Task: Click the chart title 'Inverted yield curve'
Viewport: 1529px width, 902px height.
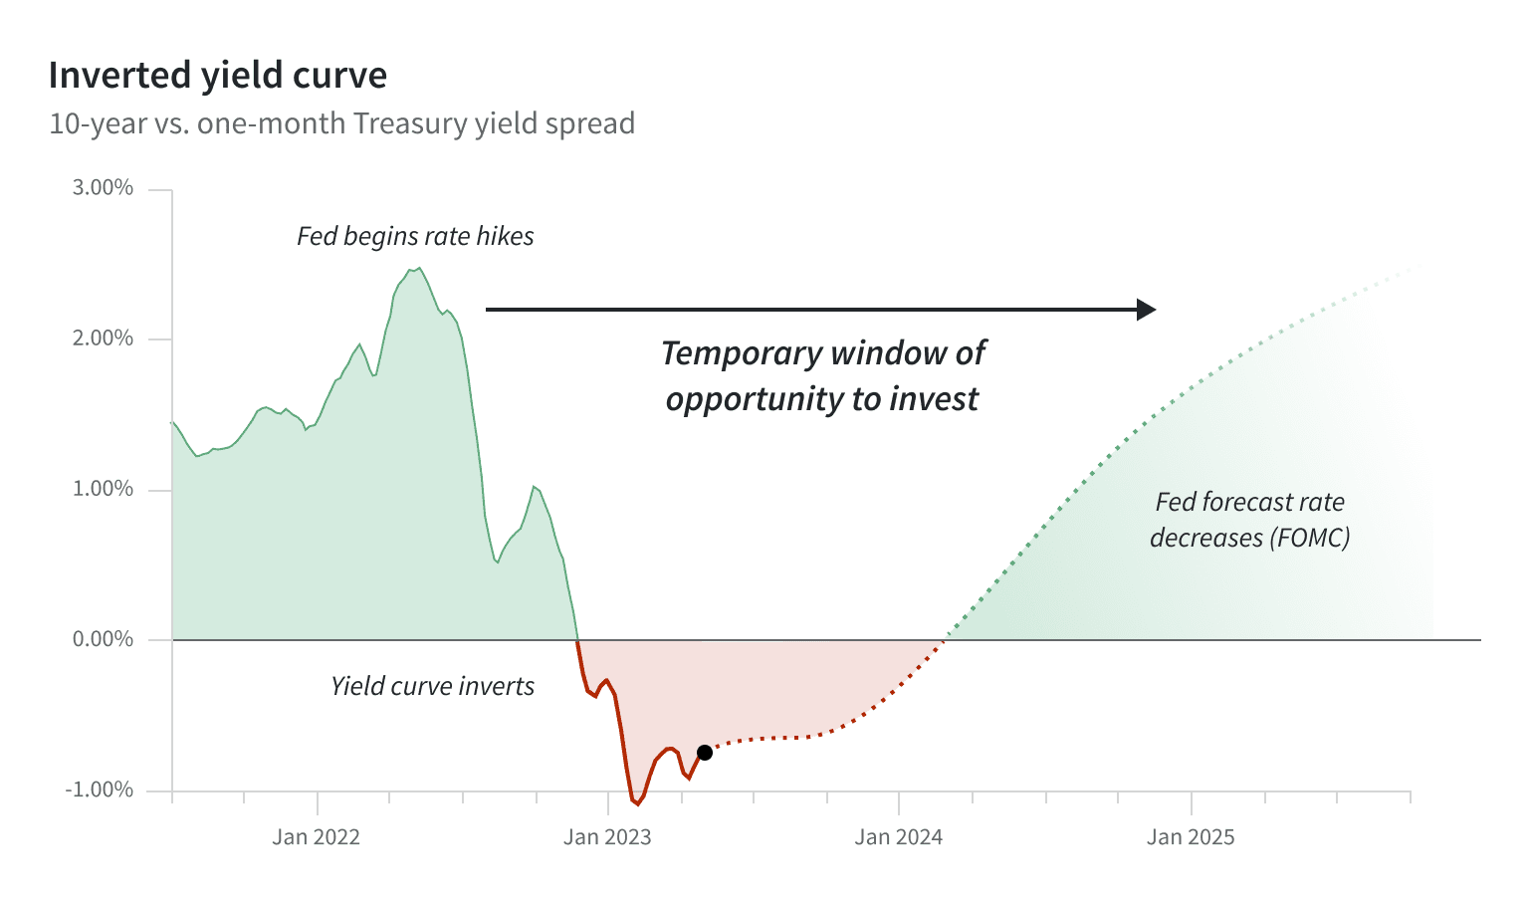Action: (x=218, y=76)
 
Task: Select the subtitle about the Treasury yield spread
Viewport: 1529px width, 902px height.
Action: (x=342, y=123)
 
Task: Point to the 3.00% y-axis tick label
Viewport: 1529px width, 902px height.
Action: (x=103, y=188)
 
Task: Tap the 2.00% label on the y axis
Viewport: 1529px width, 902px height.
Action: (x=103, y=338)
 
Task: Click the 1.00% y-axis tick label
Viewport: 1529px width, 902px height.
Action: (x=103, y=489)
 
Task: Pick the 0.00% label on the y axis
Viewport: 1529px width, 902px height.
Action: (x=103, y=639)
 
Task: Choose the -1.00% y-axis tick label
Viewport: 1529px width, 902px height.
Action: (x=99, y=790)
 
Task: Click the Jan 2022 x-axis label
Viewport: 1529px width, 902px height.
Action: (x=316, y=837)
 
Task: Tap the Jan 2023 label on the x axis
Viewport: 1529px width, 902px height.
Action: (x=607, y=837)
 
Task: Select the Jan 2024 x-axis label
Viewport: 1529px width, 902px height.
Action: (x=898, y=837)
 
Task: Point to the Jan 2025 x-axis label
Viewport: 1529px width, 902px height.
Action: (x=1191, y=837)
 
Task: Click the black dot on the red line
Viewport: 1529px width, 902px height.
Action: (x=705, y=753)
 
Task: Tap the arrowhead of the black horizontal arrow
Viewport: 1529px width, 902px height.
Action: (x=1147, y=310)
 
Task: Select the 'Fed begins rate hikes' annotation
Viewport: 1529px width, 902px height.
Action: (x=415, y=237)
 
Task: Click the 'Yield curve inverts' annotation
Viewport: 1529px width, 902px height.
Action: (x=432, y=686)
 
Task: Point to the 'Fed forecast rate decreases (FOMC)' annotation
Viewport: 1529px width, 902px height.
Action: (x=1250, y=520)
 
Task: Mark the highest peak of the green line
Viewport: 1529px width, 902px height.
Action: (x=419, y=268)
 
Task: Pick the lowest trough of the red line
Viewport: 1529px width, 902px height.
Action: (x=638, y=804)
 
